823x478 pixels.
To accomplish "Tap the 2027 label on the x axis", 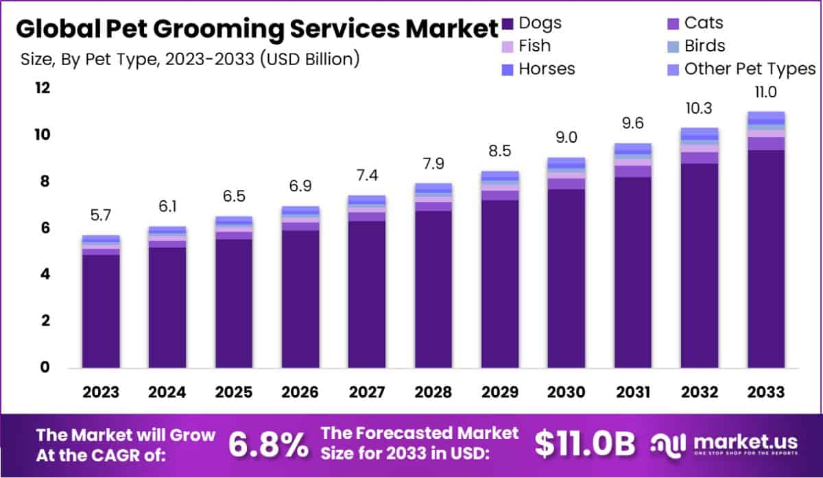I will pos(366,392).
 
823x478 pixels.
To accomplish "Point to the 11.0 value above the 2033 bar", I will pos(765,93).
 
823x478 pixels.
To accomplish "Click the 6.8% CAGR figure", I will pos(267,444).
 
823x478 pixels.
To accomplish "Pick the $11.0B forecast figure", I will pos(585,444).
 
